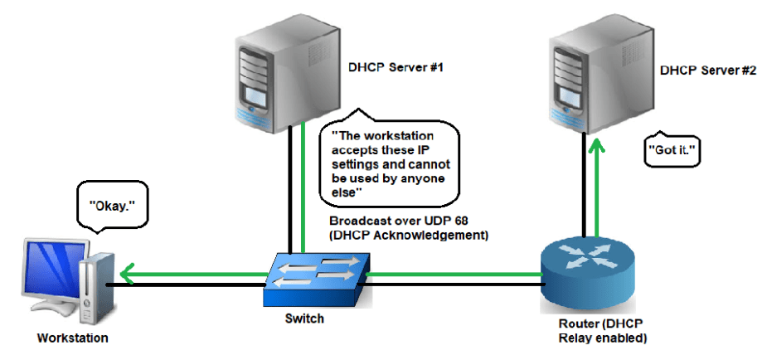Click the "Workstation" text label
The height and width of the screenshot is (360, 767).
point(72,338)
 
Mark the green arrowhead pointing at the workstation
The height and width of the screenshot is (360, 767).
point(124,273)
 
